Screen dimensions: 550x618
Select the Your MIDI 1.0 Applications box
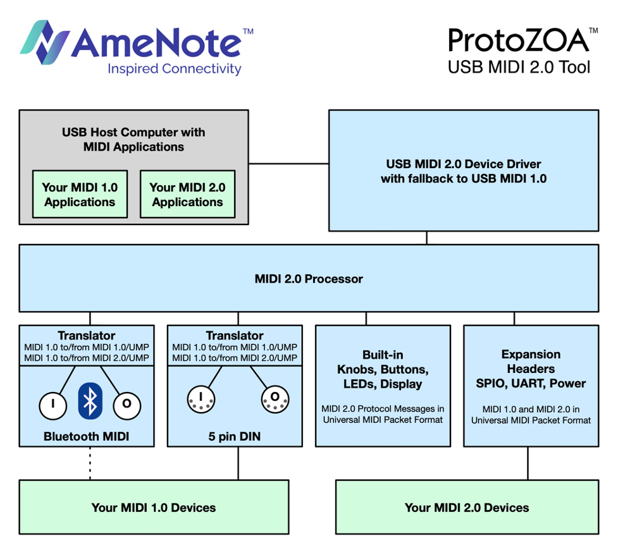pos(80,194)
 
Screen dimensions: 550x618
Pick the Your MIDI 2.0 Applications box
pos(187,194)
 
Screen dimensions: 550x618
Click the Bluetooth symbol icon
pos(90,400)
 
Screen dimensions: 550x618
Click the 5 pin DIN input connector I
pos(201,398)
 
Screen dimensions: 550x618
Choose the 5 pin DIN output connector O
pos(275,398)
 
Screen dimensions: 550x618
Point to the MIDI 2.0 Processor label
pos(309,279)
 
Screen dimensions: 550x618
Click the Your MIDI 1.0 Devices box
pos(154,508)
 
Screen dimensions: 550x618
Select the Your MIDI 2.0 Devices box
pos(467,508)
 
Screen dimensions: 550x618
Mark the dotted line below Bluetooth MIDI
pos(90,463)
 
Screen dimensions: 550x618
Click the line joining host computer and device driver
pos(288,164)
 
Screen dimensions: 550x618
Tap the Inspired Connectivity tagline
pos(175,69)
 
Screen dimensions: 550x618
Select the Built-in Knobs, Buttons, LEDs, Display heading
pos(383,369)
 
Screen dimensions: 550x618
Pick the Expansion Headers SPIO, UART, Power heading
pos(531,369)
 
